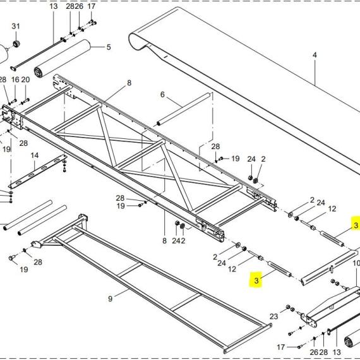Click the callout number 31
(x=16, y=26)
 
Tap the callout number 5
(x=109, y=47)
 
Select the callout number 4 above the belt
(x=315, y=55)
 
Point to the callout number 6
(x=162, y=94)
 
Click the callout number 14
(x=35, y=155)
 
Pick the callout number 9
(x=110, y=299)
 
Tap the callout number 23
(x=273, y=316)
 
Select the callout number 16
(x=15, y=80)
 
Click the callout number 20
(x=25, y=80)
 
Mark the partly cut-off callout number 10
(x=356, y=263)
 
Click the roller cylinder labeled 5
(x=63, y=59)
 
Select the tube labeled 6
(x=183, y=109)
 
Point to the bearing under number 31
(x=16, y=44)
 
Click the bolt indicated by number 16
(x=14, y=101)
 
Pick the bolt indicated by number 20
(x=26, y=101)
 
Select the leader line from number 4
(x=315, y=73)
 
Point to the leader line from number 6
(x=174, y=102)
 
